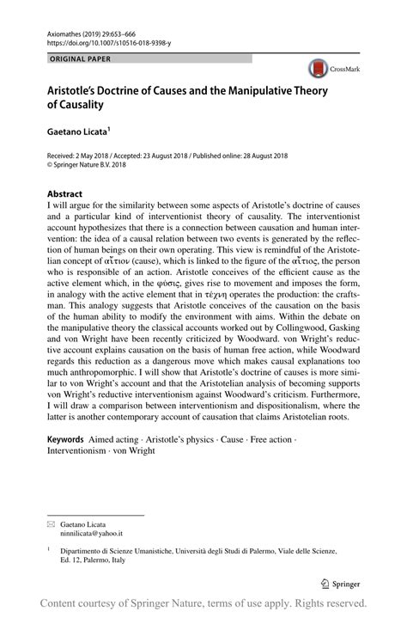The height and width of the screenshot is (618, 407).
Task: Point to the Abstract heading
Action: pyautogui.click(x=64, y=194)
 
